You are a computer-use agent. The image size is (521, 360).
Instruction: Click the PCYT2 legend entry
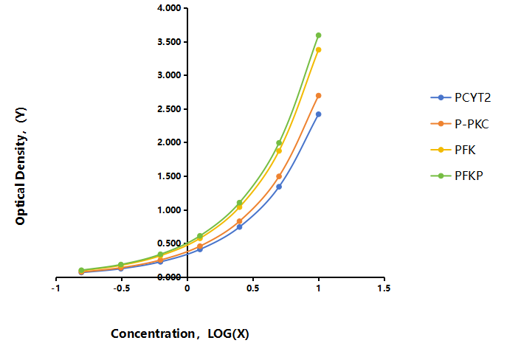[x=460, y=97]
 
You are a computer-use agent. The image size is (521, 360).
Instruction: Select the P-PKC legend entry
[x=460, y=124]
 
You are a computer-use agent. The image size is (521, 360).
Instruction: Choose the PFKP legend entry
[x=457, y=176]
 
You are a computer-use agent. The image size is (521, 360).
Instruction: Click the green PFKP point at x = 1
[x=318, y=35]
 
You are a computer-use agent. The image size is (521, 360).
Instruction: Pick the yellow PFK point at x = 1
[x=318, y=50]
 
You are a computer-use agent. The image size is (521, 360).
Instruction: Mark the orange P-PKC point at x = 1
[x=318, y=96]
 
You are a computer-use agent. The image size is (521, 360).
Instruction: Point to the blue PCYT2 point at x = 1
[x=318, y=114]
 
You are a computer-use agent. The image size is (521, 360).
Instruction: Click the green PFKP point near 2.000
[x=279, y=143]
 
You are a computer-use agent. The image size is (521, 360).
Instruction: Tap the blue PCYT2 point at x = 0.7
[x=279, y=187]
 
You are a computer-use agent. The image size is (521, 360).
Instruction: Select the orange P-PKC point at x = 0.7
[x=279, y=176]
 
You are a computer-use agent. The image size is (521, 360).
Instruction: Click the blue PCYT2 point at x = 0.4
[x=239, y=226]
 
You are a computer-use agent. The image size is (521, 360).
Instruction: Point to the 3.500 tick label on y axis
[x=169, y=42]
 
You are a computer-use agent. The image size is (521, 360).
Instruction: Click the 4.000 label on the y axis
[x=169, y=8]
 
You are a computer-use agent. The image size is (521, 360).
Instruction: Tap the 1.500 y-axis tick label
[x=169, y=176]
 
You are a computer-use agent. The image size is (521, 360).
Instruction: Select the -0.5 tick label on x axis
[x=121, y=288]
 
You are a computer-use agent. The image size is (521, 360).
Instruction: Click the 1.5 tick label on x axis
[x=384, y=288]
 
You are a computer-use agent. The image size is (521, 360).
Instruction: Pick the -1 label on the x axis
[x=56, y=288]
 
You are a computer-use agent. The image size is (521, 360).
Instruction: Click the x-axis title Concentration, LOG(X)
[x=180, y=333]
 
